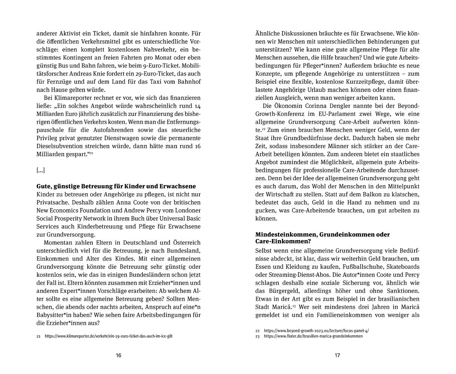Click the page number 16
(118, 355)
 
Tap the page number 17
(337, 355)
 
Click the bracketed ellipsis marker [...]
(40, 170)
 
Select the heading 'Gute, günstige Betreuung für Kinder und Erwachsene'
(116, 186)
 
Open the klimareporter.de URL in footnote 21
(108, 336)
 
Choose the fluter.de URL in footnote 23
(313, 336)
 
